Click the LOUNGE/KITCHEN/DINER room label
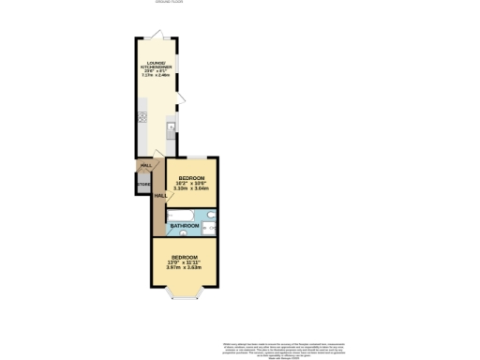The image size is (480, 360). click(156, 67)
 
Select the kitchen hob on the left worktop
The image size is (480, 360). click(142, 118)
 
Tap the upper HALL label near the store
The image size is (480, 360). click(145, 166)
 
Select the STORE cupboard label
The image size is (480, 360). click(143, 185)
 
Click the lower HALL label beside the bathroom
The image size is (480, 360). click(160, 195)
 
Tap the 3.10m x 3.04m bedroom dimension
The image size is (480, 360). click(192, 188)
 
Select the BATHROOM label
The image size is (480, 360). click(184, 225)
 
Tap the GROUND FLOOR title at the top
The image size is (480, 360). click(168, 3)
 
